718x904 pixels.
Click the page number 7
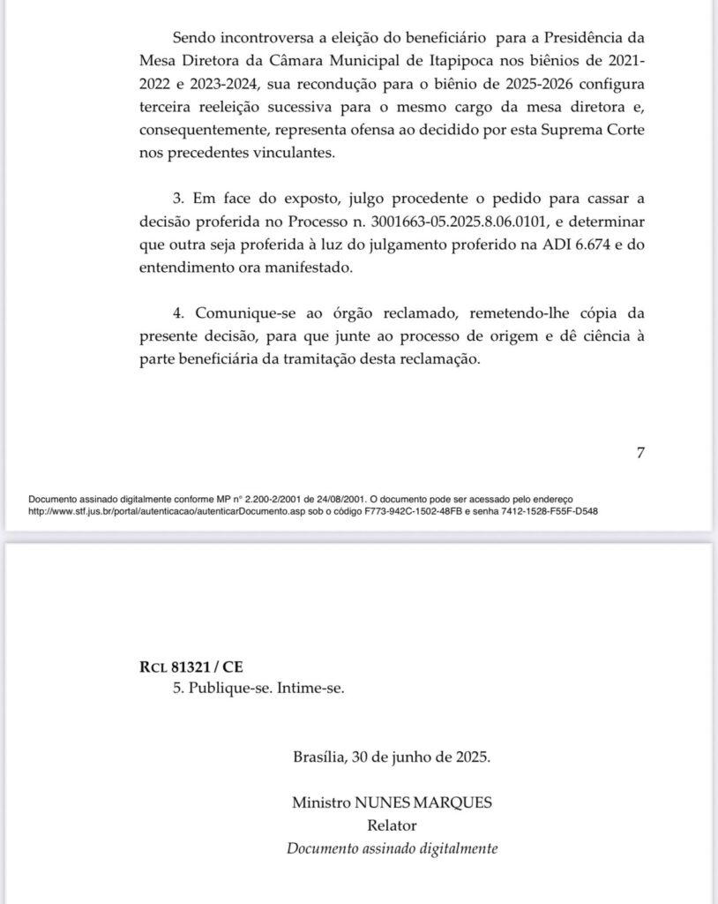[x=640, y=454]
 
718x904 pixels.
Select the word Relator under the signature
[x=391, y=825]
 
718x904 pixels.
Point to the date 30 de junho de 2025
[x=421, y=757]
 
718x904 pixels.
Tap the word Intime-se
[x=309, y=689]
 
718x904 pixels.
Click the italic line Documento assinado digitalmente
[x=393, y=848]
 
